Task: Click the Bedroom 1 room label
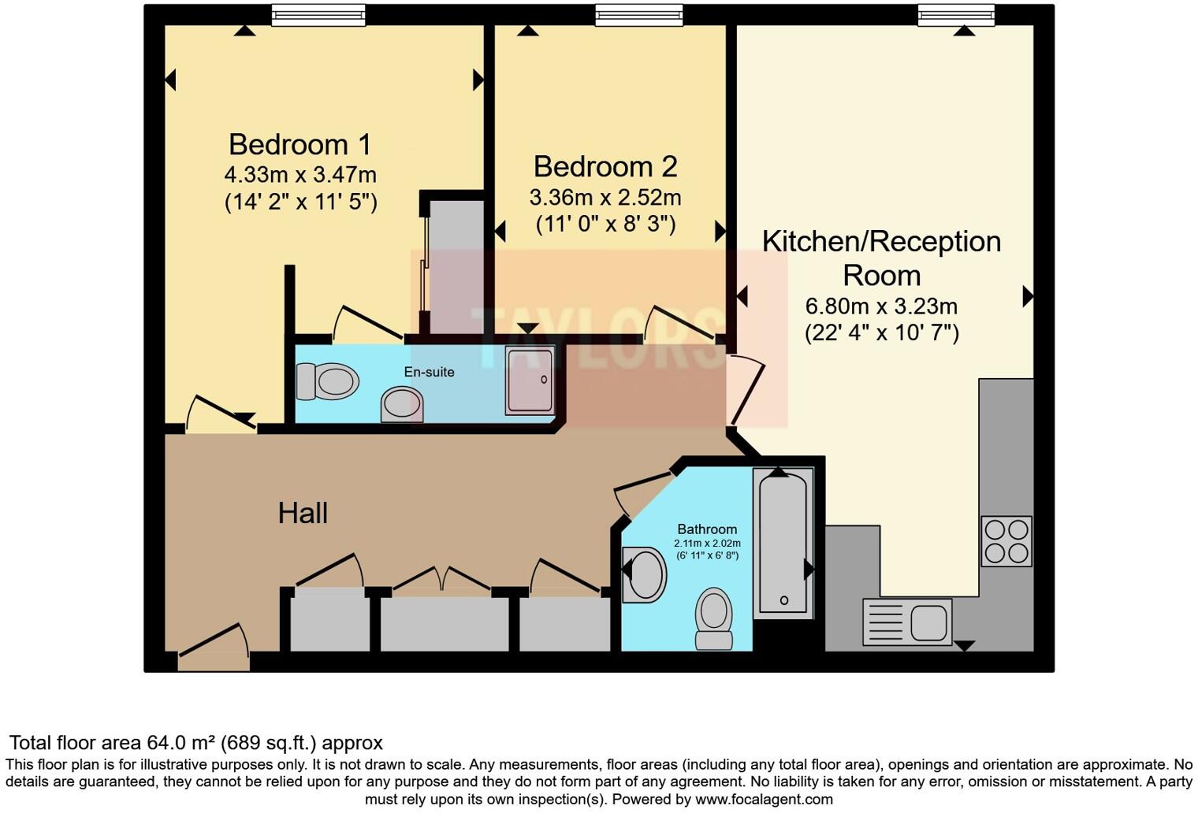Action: point(299,145)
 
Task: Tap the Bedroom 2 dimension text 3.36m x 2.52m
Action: point(605,198)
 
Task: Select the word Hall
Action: point(303,513)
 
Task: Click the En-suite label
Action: point(429,372)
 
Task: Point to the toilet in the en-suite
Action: point(327,381)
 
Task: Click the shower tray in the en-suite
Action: point(530,380)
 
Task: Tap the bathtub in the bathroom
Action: point(783,544)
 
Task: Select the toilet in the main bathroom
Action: point(714,618)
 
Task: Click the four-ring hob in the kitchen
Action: point(1006,541)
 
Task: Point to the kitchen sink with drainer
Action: point(907,622)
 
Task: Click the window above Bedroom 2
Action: point(639,15)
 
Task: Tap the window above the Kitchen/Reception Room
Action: point(957,15)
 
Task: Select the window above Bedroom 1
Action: point(318,15)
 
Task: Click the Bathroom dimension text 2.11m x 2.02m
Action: point(707,544)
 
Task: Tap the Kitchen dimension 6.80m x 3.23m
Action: point(881,306)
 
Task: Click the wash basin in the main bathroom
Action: point(645,574)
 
